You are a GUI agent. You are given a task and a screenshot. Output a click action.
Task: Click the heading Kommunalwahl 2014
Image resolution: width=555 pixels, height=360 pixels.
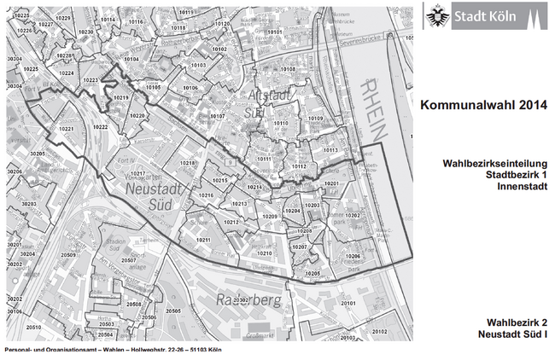[482, 106]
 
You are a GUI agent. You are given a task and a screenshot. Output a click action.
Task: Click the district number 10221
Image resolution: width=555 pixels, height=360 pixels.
[67, 128]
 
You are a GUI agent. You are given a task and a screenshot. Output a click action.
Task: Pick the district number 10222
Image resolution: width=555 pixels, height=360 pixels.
[100, 126]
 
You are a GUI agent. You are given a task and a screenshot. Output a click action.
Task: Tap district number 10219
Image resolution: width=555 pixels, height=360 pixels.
[120, 99]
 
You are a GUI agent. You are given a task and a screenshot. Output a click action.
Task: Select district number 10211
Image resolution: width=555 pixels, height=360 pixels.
[202, 241]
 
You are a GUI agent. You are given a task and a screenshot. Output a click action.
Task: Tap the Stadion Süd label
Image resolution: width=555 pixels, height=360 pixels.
[119, 242]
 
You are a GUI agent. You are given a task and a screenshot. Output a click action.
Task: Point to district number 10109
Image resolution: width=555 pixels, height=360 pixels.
[315, 118]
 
